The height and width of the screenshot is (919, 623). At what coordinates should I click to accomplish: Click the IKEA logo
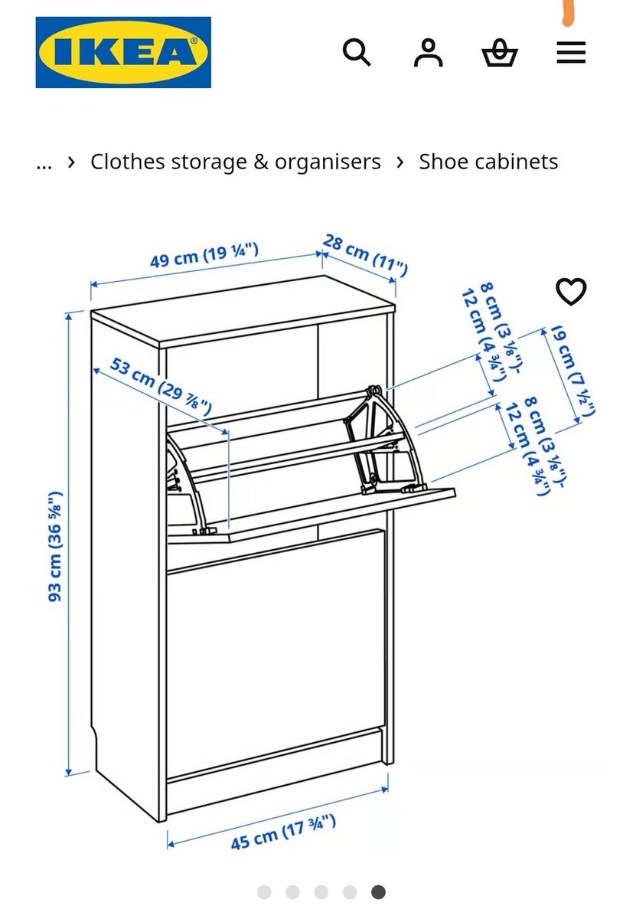[123, 52]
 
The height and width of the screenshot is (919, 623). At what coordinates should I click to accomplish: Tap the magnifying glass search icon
[356, 53]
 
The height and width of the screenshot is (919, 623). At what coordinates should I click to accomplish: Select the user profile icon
[428, 53]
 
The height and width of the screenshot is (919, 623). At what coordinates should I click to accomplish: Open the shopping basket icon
[500, 54]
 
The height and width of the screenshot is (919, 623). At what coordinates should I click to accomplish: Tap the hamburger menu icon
[571, 53]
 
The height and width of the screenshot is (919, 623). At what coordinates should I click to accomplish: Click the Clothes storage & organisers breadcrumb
[235, 162]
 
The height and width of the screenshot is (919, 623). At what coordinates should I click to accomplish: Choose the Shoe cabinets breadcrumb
[488, 162]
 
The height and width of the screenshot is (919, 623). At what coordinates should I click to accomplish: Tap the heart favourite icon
[571, 291]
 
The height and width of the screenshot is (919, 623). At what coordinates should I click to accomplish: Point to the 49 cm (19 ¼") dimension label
[204, 256]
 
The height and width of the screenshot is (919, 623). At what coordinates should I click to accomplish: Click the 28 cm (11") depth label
[364, 255]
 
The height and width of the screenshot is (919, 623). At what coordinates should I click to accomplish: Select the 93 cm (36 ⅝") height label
[55, 546]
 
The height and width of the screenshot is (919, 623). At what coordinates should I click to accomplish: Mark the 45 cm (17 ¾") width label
[283, 832]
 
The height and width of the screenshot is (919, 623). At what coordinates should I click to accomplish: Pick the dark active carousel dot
[378, 892]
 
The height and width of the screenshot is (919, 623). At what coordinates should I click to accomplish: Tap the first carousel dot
[264, 892]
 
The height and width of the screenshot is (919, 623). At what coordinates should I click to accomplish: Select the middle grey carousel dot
[321, 892]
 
